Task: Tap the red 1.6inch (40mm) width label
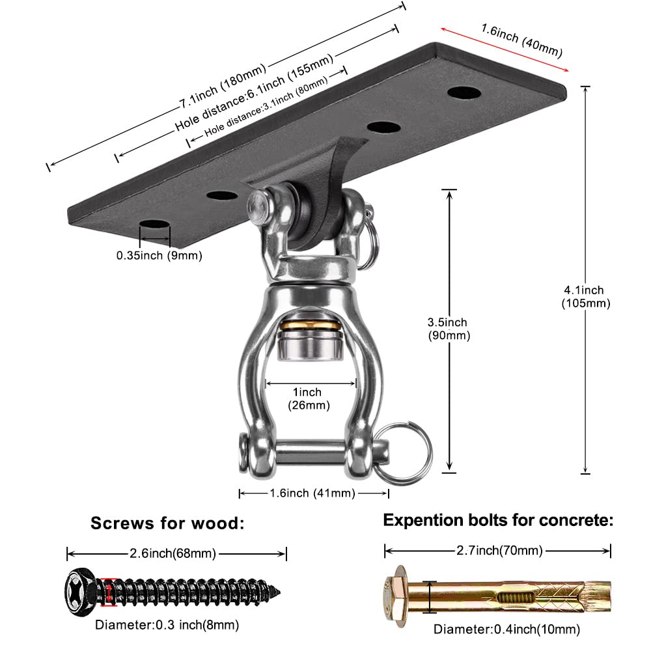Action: tap(521, 40)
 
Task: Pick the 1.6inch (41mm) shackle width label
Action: tap(312, 493)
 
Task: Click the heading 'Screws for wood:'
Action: tap(167, 523)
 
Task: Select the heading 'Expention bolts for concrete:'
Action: tap(498, 520)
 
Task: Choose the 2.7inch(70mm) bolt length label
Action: tap(499, 551)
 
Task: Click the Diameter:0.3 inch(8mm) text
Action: tap(167, 626)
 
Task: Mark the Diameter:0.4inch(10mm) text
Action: tap(506, 630)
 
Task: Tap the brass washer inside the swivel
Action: tap(306, 324)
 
